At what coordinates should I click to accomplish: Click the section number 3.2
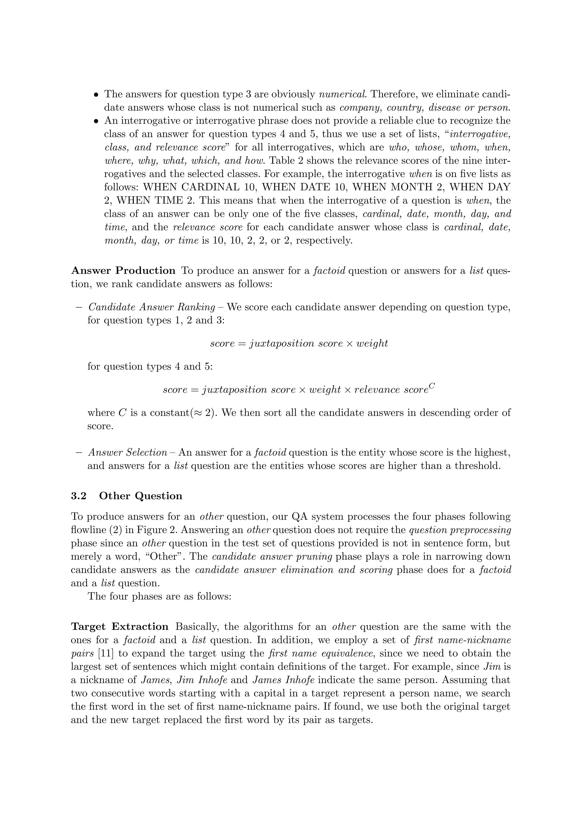[79, 496]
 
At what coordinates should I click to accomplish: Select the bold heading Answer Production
[123, 271]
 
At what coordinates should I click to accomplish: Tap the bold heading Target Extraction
[120, 627]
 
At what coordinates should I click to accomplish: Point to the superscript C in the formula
[432, 386]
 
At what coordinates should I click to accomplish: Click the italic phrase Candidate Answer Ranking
[152, 307]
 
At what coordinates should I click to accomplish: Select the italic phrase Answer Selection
[128, 452]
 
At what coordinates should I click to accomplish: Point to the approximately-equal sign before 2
[199, 413]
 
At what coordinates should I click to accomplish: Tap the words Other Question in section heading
[141, 496]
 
